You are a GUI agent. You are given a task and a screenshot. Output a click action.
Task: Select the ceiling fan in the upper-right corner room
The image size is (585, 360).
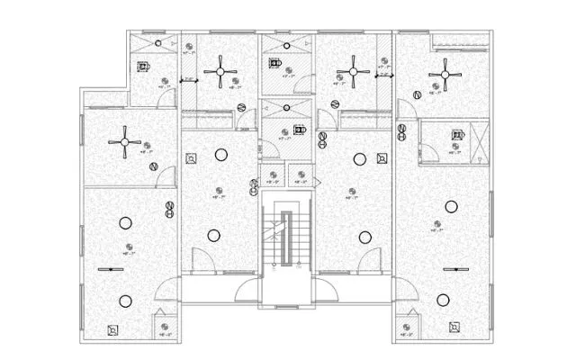point(445,74)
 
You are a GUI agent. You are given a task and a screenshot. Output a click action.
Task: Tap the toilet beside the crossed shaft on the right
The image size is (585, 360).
point(455,137)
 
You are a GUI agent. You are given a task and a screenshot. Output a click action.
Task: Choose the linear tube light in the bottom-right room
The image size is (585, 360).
point(454,269)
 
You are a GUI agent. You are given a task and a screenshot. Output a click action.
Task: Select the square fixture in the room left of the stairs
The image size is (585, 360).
point(191,159)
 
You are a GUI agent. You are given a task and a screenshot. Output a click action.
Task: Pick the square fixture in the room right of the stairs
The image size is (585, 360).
point(382,159)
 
